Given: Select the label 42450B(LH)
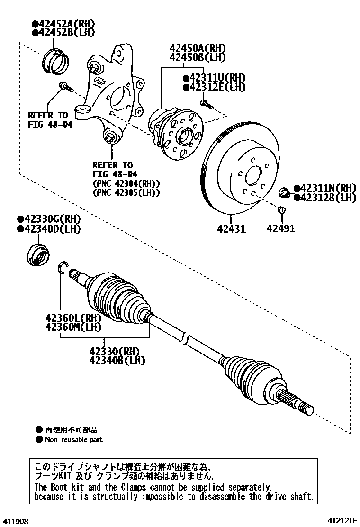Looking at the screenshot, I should pyautogui.click(x=198, y=58).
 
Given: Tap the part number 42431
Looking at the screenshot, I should pyautogui.click(x=231, y=229).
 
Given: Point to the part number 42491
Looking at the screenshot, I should pyautogui.click(x=280, y=229).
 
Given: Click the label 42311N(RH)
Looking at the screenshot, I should pyautogui.click(x=328, y=188).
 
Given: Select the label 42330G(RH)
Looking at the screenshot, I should pyautogui.click(x=52, y=219).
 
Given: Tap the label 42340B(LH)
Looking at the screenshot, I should pyautogui.click(x=117, y=361).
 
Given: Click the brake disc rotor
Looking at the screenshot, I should pyautogui.click(x=237, y=171).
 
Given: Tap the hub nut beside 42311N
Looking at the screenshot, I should pyautogui.click(x=286, y=192).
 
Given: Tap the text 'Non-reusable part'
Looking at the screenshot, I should pyautogui.click(x=73, y=439).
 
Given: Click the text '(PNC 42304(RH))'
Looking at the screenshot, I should pyautogui.click(x=126, y=183).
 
